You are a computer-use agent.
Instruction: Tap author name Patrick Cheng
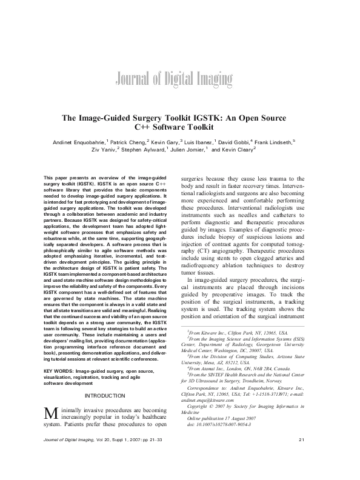(126, 141)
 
